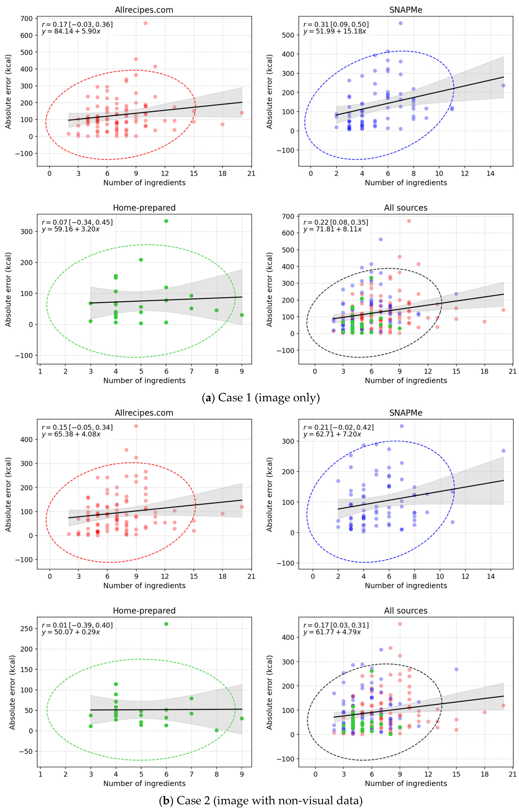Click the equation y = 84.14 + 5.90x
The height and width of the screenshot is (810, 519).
tap(71, 31)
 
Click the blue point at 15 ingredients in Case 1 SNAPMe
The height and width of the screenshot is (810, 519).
tap(503, 86)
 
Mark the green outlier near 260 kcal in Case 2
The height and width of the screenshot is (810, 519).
tap(166, 624)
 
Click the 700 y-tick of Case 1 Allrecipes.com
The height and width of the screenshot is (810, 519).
tap(26, 19)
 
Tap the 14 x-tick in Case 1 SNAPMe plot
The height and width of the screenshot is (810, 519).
tap(490, 174)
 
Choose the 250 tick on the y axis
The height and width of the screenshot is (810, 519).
tap(26, 629)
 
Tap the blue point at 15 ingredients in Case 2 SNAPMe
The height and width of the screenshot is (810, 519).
tap(503, 451)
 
